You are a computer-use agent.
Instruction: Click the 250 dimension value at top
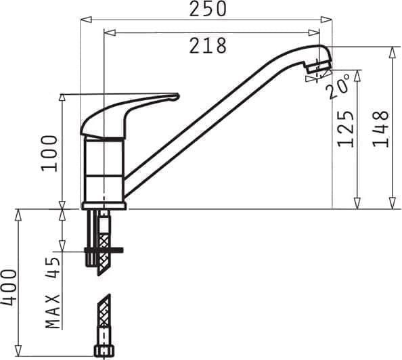pyautogui.click(x=207, y=9)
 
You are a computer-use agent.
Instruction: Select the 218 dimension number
pyautogui.click(x=207, y=45)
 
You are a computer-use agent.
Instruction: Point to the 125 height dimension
pyautogui.click(x=346, y=129)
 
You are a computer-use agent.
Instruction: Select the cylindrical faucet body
pyautogui.click(x=104, y=169)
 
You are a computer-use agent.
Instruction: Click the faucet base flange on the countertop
pyautogui.click(x=104, y=205)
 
